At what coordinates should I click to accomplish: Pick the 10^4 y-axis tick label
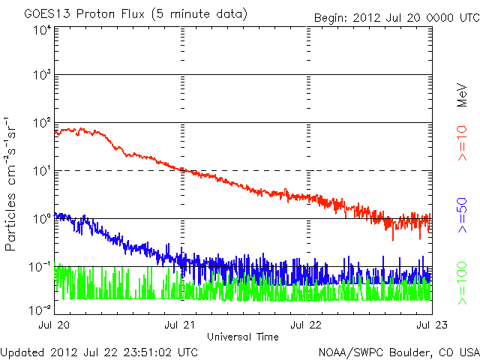[x=41, y=30]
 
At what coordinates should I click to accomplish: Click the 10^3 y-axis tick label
[x=41, y=75]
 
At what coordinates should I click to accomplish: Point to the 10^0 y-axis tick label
[x=41, y=218]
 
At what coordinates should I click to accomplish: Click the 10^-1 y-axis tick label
[x=40, y=266]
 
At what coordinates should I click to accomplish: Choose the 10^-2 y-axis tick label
[x=40, y=309]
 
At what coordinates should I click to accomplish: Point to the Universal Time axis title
[x=243, y=337]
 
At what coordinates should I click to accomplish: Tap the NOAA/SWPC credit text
[x=398, y=352]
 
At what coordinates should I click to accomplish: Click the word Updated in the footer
[x=22, y=352]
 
